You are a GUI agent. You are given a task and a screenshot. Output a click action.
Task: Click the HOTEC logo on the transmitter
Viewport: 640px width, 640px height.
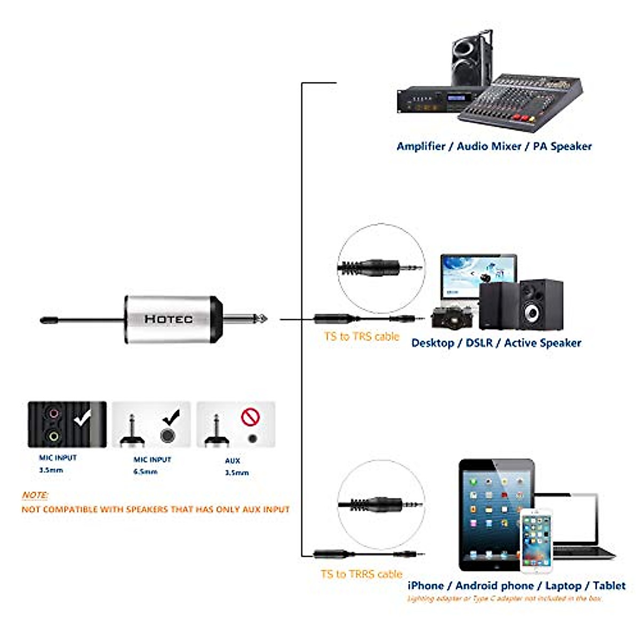169,319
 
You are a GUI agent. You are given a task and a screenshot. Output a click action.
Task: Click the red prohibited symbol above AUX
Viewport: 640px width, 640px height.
250,417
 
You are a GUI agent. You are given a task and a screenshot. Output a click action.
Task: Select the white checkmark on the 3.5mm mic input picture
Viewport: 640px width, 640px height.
83,419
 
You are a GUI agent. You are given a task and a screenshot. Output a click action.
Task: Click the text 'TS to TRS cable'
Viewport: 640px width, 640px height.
361,337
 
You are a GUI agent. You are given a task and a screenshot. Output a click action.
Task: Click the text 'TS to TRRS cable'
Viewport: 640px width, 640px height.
361,574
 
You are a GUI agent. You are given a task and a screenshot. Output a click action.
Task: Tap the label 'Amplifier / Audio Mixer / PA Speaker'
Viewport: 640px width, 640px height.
494,146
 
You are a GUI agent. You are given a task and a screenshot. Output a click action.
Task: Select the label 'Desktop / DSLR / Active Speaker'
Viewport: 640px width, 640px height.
496,343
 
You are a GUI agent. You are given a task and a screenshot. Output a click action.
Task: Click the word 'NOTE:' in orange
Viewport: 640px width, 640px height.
35,495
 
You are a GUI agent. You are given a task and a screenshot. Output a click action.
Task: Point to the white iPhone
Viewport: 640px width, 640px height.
536,541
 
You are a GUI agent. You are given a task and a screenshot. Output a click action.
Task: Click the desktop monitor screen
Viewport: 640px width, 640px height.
478,277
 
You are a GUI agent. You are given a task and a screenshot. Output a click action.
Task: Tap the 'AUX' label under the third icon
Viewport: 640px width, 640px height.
233,460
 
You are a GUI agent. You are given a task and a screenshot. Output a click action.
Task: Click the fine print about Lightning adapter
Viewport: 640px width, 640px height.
505,598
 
